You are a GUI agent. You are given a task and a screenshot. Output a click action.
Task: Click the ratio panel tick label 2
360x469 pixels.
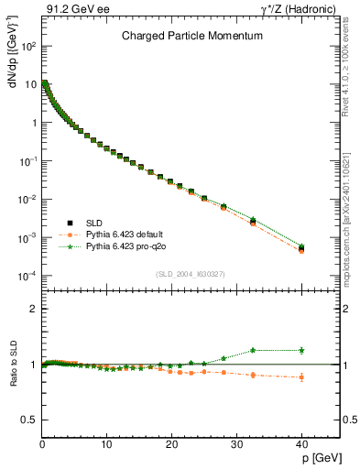(x=32, y=310)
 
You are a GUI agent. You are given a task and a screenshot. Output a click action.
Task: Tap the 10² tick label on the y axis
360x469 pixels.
(x=27, y=45)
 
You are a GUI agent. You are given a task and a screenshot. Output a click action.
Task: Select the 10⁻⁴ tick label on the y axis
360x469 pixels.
(x=27, y=276)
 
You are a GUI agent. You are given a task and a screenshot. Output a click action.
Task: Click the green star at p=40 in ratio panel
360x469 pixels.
(x=301, y=350)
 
